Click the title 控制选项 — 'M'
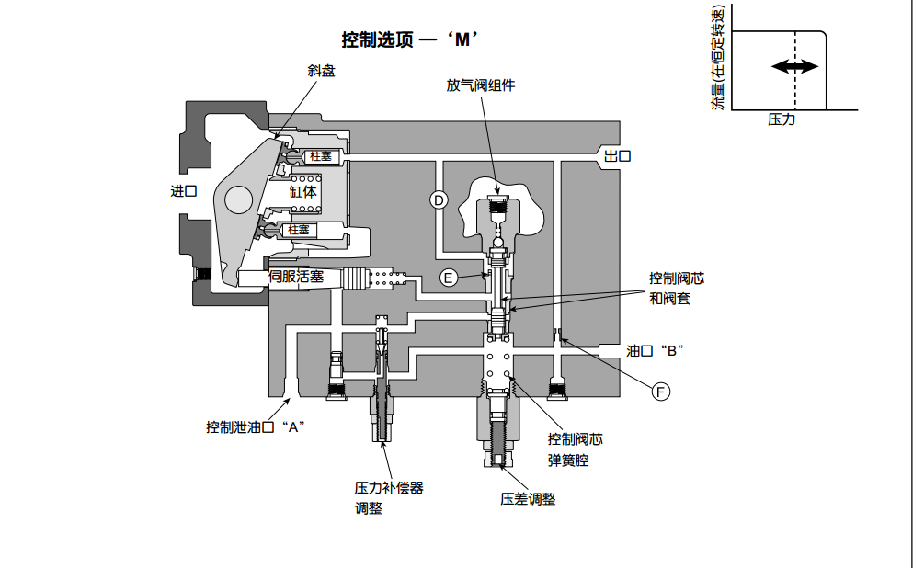412,40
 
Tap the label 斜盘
321,71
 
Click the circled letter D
439,199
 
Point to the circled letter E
448,277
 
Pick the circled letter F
660,392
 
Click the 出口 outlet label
617,156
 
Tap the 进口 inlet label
184,191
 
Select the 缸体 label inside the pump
303,192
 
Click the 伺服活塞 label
296,276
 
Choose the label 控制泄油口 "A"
255,426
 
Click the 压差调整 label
528,499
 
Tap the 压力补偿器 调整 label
388,497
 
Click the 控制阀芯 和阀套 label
677,288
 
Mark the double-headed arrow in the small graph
794,66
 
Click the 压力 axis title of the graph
782,119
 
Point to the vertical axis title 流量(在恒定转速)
718,58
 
